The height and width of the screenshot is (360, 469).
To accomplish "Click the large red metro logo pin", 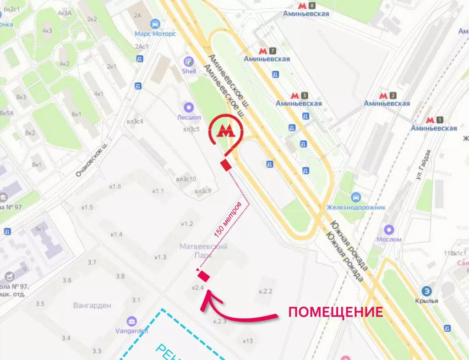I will [225, 131].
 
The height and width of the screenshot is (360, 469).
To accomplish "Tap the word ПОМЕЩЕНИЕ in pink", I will [335, 312].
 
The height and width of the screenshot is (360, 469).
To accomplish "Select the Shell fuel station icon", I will [189, 61].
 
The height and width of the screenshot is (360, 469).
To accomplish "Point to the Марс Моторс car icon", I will [155, 24].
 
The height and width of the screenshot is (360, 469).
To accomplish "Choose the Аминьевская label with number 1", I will [434, 128].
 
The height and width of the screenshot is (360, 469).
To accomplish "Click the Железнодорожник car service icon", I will [356, 197].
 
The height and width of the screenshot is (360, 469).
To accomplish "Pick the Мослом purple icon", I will [389, 229].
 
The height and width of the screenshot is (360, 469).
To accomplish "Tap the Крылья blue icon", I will [427, 291].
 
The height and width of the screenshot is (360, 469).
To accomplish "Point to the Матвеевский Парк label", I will [203, 250].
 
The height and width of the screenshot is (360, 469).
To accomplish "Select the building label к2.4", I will [197, 288].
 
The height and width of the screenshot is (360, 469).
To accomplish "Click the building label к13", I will [248, 341].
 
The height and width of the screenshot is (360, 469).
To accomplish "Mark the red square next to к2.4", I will [203, 276].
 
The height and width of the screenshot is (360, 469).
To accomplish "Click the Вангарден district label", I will [92, 305].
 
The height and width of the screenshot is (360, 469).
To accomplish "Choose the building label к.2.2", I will [266, 291].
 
